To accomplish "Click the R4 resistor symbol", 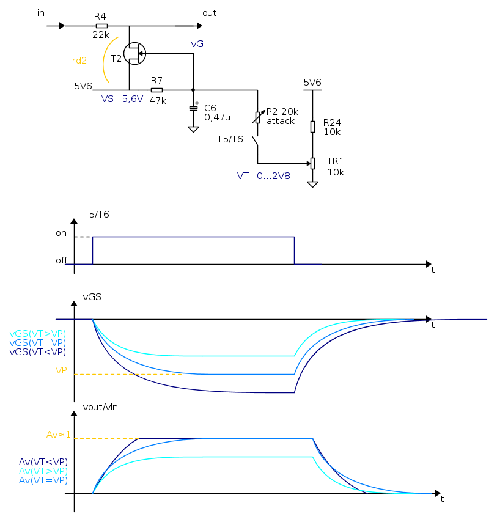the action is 101,26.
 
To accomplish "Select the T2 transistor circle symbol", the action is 135,54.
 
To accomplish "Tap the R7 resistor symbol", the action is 156,90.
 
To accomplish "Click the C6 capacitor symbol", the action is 193,108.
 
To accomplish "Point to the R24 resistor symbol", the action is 312,127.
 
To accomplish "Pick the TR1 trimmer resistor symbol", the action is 312,163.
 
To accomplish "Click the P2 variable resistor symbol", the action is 257,117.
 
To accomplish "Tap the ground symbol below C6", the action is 193,130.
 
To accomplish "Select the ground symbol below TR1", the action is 312,185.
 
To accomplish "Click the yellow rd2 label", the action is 79,61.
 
